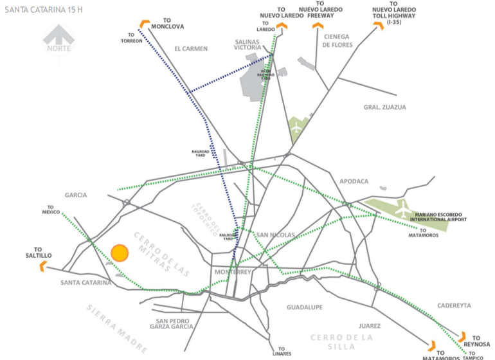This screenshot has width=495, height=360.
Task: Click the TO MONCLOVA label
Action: coord(169,23)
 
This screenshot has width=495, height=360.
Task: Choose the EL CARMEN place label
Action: coord(191,49)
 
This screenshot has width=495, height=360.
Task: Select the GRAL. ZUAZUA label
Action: coord(385,107)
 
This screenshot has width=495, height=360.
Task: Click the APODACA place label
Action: coord(354,181)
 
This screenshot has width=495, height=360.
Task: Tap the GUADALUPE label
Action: coord(304,307)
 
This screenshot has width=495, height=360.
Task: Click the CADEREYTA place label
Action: coord(454,305)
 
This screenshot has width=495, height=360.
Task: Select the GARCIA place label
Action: coord(75,195)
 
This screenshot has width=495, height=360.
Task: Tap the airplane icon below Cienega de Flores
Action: coord(296,126)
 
